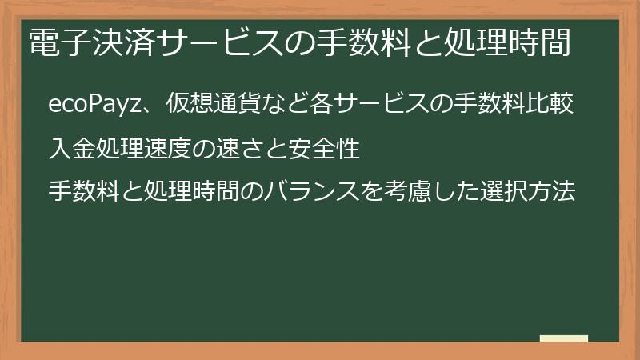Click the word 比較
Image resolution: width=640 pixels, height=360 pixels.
554,105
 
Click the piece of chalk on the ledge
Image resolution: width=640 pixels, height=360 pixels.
564,338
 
